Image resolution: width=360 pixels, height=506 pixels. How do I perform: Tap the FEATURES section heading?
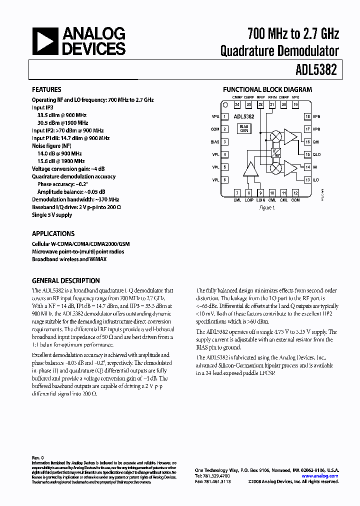[x=46, y=90]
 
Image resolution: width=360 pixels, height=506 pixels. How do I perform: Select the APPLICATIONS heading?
[x=53, y=233]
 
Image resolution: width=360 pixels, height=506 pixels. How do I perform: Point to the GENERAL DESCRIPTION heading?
[x=66, y=281]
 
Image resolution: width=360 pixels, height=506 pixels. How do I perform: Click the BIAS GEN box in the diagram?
[x=244, y=129]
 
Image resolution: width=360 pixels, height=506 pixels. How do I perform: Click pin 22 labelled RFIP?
[x=260, y=105]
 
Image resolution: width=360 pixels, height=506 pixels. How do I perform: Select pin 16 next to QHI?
[x=307, y=141]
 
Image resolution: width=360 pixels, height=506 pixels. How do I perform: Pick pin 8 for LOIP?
[x=249, y=192]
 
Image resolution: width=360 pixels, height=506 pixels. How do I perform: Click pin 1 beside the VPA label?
[x=225, y=116]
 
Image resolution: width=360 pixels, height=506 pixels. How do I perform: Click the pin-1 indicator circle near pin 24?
[x=225, y=105]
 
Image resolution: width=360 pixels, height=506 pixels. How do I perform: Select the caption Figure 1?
[x=267, y=207]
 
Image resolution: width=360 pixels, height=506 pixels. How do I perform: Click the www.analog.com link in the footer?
[x=320, y=476]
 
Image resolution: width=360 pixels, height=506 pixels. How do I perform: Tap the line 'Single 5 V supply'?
[x=52, y=215]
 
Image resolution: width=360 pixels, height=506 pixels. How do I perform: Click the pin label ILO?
[x=316, y=180]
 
